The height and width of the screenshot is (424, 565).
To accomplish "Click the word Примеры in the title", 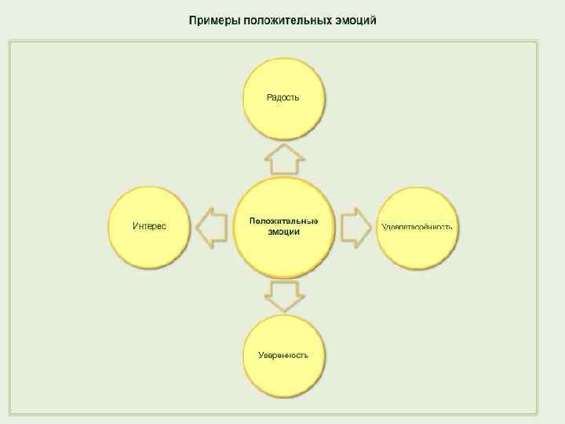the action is pos(213,20).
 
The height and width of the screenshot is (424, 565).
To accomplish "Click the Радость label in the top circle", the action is pos(283,97).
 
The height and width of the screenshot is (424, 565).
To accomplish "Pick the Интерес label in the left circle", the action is pos(149,226).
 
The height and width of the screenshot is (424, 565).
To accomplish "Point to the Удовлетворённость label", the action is pos(417,227).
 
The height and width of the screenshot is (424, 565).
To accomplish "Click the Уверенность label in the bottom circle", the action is pos(283,355).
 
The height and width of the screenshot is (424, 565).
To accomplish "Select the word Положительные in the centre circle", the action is pos(283,221).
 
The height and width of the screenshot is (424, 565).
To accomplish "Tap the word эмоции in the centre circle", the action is pos(283,232).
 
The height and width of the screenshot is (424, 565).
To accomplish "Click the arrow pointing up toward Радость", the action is pos(283,159).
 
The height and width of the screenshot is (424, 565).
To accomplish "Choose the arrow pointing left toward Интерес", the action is pos(211,228).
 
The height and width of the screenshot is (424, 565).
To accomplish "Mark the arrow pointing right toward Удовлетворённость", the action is pos(355,228).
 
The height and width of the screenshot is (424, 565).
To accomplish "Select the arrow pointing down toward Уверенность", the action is pos(283,295).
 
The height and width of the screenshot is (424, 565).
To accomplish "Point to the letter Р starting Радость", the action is pos(270,97).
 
